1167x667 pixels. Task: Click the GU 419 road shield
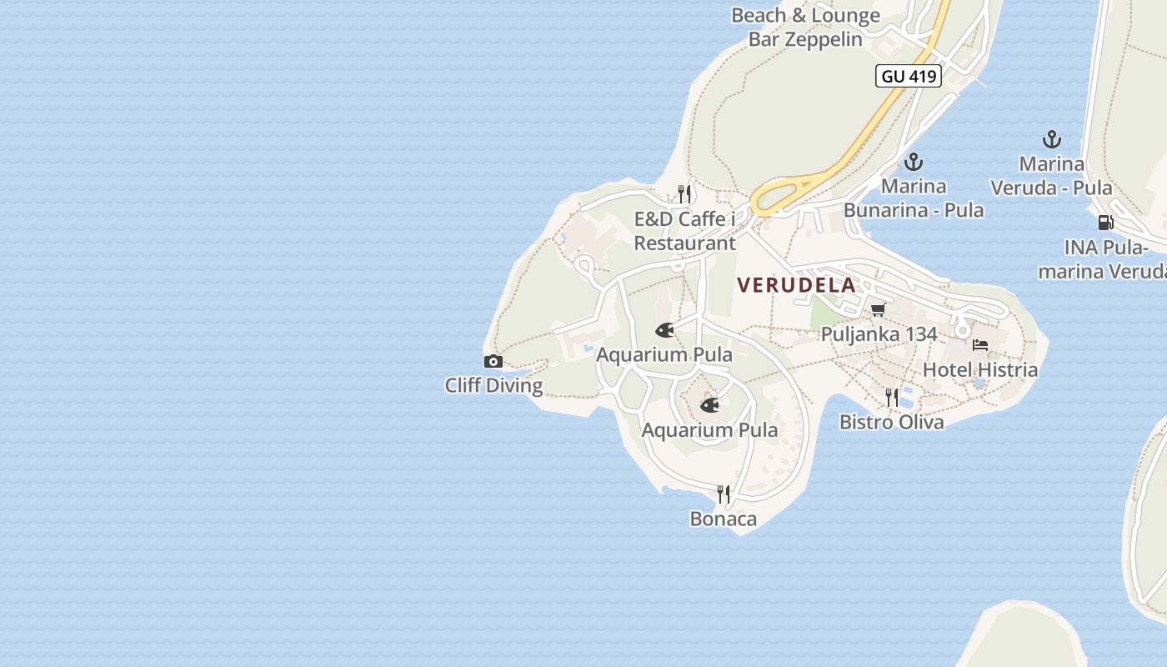[x=909, y=77]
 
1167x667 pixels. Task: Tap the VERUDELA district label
[x=796, y=285]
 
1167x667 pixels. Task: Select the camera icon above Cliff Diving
[x=493, y=361]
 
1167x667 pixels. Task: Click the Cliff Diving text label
[x=493, y=385]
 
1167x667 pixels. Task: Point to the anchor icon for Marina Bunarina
[x=914, y=162]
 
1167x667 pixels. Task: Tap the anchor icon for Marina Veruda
[x=1052, y=140]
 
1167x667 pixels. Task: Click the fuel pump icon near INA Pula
[x=1106, y=223]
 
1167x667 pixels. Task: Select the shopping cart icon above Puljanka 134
[x=878, y=310]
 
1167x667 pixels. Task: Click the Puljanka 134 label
[x=879, y=334]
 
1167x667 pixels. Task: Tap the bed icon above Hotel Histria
[x=980, y=345]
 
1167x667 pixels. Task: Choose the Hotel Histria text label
[x=980, y=369]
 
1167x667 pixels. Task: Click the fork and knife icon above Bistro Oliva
[x=892, y=398]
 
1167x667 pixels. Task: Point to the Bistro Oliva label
[x=891, y=422]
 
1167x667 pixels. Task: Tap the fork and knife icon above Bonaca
[x=724, y=494]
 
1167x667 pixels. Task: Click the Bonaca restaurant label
[x=724, y=519]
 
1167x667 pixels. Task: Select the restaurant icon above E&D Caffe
[x=684, y=194]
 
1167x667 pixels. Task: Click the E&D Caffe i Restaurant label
[x=685, y=231]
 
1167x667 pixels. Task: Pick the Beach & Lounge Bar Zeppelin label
[x=805, y=27]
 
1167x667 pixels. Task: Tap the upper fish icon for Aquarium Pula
[x=664, y=330]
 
